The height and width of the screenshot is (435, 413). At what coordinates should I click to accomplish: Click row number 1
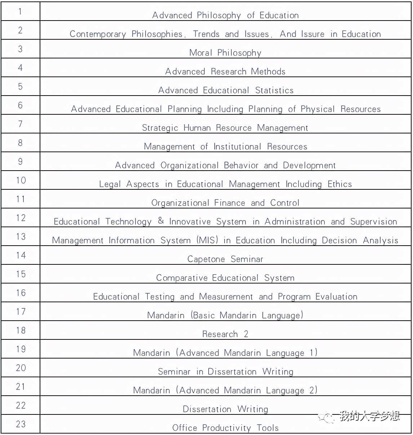click(20, 12)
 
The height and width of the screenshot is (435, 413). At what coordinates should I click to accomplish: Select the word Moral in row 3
click(201, 53)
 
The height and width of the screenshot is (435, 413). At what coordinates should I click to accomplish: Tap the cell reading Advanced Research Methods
click(225, 71)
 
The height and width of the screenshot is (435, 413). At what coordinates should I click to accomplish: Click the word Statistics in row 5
click(274, 90)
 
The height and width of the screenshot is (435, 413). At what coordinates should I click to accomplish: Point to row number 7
click(20, 124)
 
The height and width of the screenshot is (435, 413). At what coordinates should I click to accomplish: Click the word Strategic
click(160, 128)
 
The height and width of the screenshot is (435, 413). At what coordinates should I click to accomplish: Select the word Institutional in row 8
click(237, 146)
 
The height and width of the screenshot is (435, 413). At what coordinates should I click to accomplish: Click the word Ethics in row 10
click(339, 184)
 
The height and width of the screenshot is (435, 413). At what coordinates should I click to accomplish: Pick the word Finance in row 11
click(230, 203)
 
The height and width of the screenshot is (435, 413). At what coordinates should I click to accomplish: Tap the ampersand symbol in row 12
click(161, 220)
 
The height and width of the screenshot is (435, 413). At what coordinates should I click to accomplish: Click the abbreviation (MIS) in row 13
click(208, 240)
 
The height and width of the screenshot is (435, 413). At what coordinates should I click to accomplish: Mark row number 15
click(21, 274)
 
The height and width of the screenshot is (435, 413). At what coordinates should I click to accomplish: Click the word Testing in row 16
click(160, 297)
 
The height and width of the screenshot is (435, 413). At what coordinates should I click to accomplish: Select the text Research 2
click(225, 334)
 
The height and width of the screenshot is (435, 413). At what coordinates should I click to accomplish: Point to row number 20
click(21, 368)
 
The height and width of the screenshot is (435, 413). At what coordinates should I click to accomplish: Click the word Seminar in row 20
click(174, 372)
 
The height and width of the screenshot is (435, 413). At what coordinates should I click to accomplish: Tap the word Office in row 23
click(185, 428)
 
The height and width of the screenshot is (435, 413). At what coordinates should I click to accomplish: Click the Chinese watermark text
click(369, 417)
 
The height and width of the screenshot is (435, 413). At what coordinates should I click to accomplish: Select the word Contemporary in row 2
click(98, 34)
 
